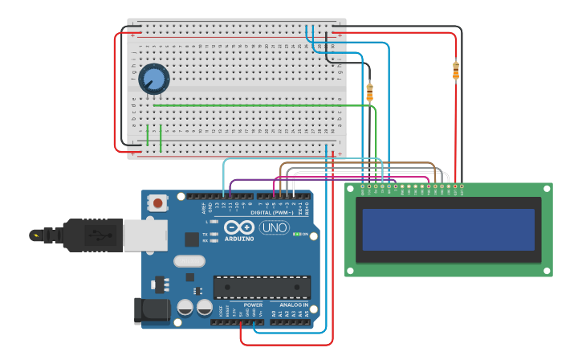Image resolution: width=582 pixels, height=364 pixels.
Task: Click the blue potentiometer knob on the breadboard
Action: pyautogui.click(x=153, y=79)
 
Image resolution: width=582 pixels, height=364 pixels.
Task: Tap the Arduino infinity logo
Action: pyautogui.click(x=238, y=227)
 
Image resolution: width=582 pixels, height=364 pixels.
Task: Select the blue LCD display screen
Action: pyautogui.click(x=448, y=230)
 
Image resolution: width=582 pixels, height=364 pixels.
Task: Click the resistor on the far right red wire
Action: pyautogui.click(x=456, y=71)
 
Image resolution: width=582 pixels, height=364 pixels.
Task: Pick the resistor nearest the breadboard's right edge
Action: pyautogui.click(x=369, y=92)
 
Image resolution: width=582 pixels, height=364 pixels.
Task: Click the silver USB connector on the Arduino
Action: pyautogui.click(x=145, y=235)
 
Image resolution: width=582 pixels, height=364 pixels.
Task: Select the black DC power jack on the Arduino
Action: pyautogui.click(x=152, y=311)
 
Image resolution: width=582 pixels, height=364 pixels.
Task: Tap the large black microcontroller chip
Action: pyautogui.click(x=262, y=287)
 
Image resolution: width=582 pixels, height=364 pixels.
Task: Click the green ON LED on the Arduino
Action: pyautogui.click(x=296, y=234)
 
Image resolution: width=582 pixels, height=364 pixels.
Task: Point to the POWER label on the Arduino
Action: pyautogui.click(x=253, y=305)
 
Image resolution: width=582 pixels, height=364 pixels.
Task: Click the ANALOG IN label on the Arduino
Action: pyautogui.click(x=293, y=305)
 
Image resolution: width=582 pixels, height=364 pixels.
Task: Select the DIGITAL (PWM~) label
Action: pyautogui.click(x=271, y=212)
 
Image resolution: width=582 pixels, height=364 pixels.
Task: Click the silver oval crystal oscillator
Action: pyautogui.click(x=189, y=260)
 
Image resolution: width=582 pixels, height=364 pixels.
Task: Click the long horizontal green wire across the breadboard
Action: pyautogui.click(x=249, y=105)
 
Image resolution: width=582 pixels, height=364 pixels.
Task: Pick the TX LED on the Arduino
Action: pyautogui.click(x=214, y=234)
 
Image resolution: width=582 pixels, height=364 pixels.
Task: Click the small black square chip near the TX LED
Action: pyautogui.click(x=192, y=239)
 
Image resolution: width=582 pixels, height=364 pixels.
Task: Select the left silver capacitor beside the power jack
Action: pyautogui.click(x=185, y=307)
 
